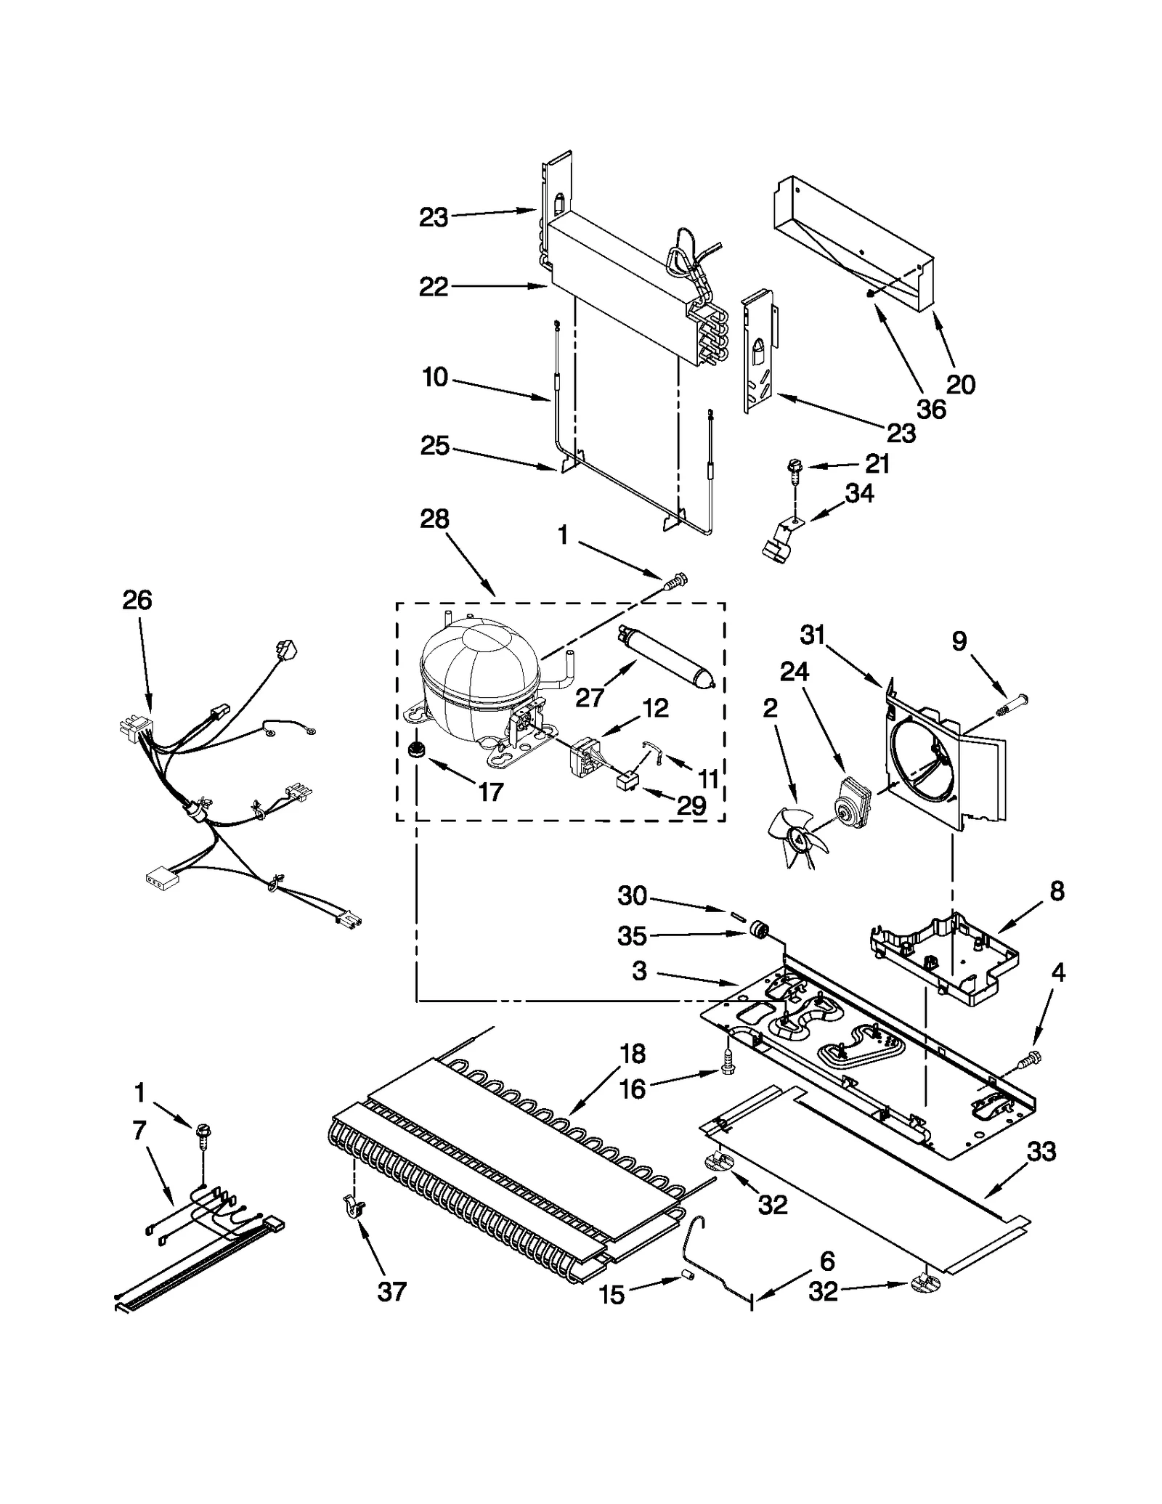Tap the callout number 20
click(x=960, y=384)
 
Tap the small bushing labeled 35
click(x=761, y=930)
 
